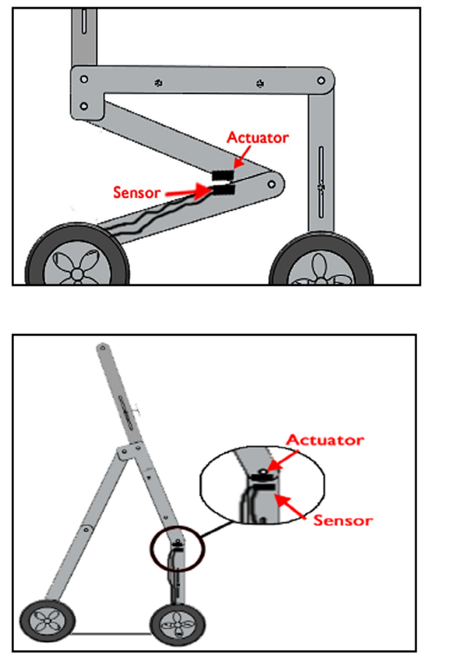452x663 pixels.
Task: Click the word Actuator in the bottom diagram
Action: click(x=325, y=440)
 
